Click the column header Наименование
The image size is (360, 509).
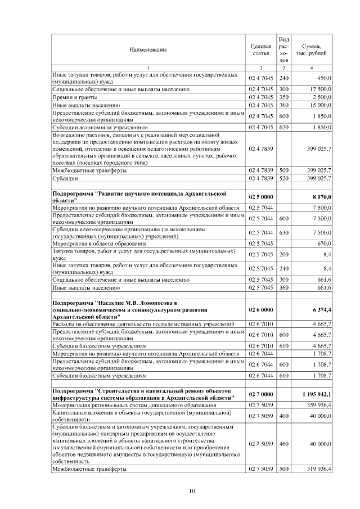pos(148,50)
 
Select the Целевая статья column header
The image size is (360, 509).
pos(260,50)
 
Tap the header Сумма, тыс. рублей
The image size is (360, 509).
pos(312,50)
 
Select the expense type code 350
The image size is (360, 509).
pos(283,97)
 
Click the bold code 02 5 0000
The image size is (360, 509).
pos(260,197)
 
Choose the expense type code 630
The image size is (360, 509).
pos(283,233)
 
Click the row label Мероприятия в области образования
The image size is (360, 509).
pos(99,244)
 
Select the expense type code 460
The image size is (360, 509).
pos(283,443)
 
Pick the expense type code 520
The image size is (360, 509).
pos(283,178)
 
